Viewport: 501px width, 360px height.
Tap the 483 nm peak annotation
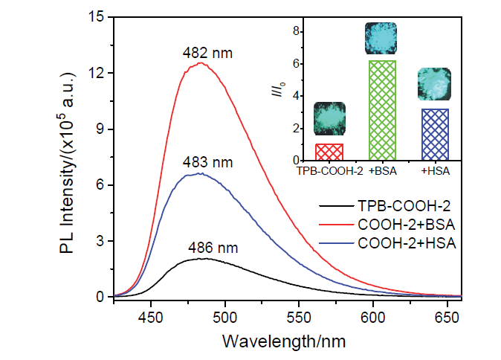pos(202,162)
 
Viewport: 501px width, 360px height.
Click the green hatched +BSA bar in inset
pos(382,110)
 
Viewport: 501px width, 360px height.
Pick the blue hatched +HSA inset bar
pos(435,135)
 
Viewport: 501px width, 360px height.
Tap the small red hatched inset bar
pos(329,152)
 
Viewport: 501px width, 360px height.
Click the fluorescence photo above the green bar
pos(382,39)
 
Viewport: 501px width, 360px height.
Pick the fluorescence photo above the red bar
pos(328,118)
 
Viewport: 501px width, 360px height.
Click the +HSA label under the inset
pos(435,172)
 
